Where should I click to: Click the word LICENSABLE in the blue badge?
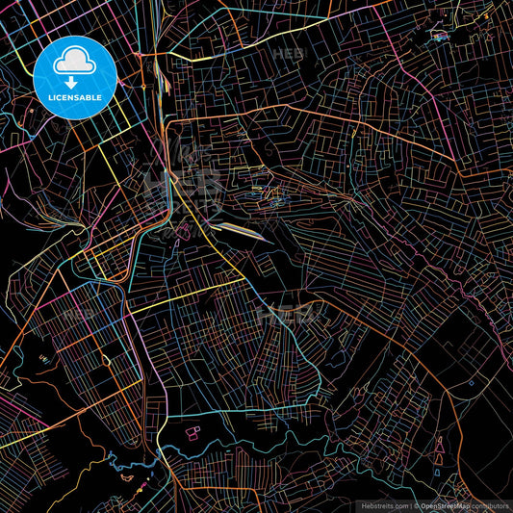click(x=75, y=97)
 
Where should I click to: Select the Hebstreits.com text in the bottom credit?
click(x=384, y=505)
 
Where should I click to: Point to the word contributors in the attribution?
click(x=493, y=505)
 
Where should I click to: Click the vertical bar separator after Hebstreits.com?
click(x=411, y=505)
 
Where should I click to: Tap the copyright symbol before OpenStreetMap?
click(x=417, y=505)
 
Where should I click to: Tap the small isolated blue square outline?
click(x=471, y=382)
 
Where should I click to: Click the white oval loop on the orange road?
click(x=42, y=358)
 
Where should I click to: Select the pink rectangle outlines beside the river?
click(x=192, y=433)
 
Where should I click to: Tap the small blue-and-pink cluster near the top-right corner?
click(x=439, y=37)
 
